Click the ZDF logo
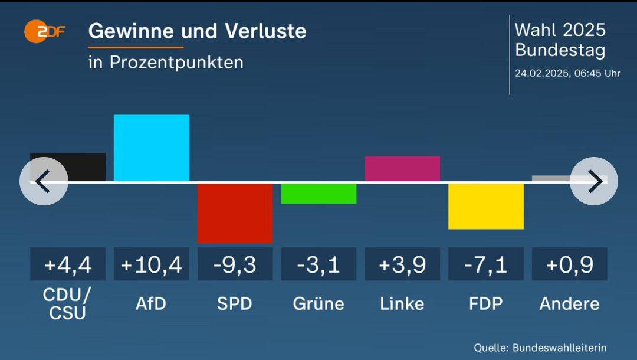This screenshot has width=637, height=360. [x=45, y=31]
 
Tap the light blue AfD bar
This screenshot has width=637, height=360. [x=151, y=148]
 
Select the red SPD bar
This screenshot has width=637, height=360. [x=235, y=212]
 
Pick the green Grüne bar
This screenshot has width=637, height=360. [x=318, y=194]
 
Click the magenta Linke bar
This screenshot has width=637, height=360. [x=402, y=168]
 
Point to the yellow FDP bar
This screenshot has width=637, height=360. [x=485, y=206]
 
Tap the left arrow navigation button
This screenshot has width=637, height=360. [x=44, y=181]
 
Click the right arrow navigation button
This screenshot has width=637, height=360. [x=593, y=181]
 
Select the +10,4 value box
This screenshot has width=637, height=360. [x=151, y=264]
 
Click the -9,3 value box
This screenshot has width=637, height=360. [x=235, y=264]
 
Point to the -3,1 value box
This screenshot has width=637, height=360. [x=318, y=264]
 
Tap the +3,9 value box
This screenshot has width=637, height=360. [x=402, y=264]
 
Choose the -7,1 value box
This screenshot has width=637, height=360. [x=485, y=264]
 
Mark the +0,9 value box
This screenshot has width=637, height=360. [x=569, y=264]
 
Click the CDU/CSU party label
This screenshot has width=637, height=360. [x=67, y=303]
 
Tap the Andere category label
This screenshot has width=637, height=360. [x=569, y=303]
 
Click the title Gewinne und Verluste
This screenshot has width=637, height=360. [x=197, y=31]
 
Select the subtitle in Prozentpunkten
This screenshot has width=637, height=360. [x=166, y=62]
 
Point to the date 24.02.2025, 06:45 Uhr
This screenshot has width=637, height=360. [x=567, y=74]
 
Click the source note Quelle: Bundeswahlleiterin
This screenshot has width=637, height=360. [x=540, y=348]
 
